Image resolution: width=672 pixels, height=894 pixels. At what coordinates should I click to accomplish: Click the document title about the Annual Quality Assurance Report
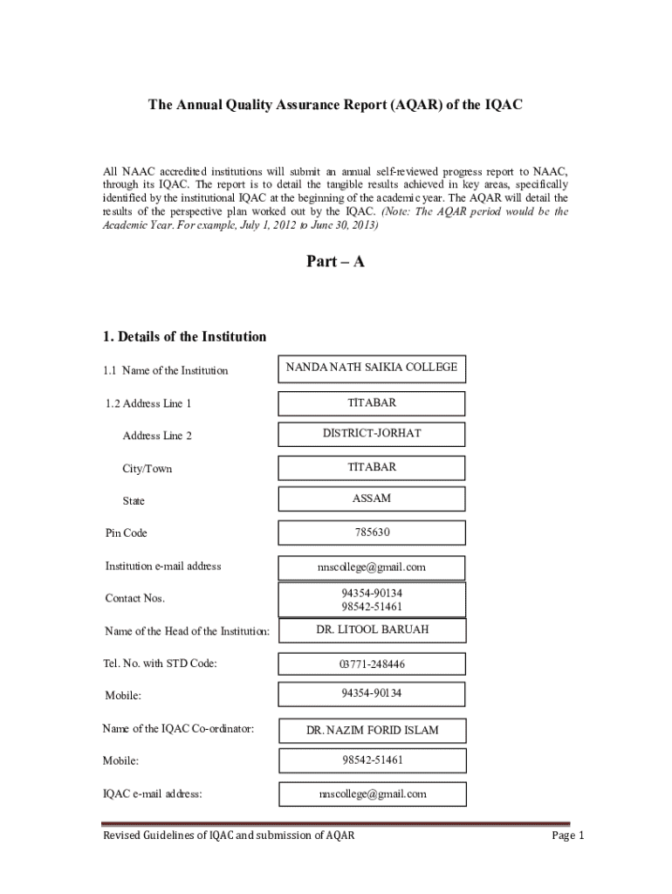pyautogui.click(x=335, y=106)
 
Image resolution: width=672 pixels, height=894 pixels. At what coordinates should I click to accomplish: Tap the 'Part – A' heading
pyautogui.click(x=335, y=261)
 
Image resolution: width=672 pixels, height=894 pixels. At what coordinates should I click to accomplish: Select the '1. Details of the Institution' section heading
pyautogui.click(x=184, y=337)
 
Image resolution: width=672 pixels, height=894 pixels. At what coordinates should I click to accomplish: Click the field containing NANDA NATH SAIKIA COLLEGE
pyautogui.click(x=371, y=368)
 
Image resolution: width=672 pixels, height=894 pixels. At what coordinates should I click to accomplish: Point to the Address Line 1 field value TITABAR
pyautogui.click(x=372, y=403)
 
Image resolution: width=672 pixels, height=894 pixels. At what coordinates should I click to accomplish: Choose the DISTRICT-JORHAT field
pyautogui.click(x=372, y=434)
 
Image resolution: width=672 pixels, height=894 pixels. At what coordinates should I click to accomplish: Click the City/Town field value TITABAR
pyautogui.click(x=372, y=468)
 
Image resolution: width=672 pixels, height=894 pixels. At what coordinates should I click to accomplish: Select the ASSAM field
pyautogui.click(x=372, y=499)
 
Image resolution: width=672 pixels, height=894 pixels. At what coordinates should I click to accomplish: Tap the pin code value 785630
pyautogui.click(x=372, y=533)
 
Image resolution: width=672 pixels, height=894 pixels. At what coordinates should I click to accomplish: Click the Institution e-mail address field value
pyautogui.click(x=372, y=567)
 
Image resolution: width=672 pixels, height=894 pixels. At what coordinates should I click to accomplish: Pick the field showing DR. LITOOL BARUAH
pyautogui.click(x=372, y=629)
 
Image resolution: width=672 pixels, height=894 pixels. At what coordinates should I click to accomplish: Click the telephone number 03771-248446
pyautogui.click(x=372, y=664)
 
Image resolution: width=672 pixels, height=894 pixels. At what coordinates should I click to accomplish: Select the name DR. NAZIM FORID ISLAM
pyautogui.click(x=372, y=730)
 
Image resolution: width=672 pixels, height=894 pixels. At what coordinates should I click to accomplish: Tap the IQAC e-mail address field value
pyautogui.click(x=372, y=794)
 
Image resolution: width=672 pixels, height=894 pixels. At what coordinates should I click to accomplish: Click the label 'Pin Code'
pyautogui.click(x=127, y=533)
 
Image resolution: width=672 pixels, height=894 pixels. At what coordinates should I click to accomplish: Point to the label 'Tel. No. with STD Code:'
pyautogui.click(x=161, y=664)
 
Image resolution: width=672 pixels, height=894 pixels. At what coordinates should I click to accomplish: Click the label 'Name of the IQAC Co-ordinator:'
pyautogui.click(x=178, y=728)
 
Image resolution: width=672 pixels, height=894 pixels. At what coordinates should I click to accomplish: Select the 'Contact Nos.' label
pyautogui.click(x=134, y=599)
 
